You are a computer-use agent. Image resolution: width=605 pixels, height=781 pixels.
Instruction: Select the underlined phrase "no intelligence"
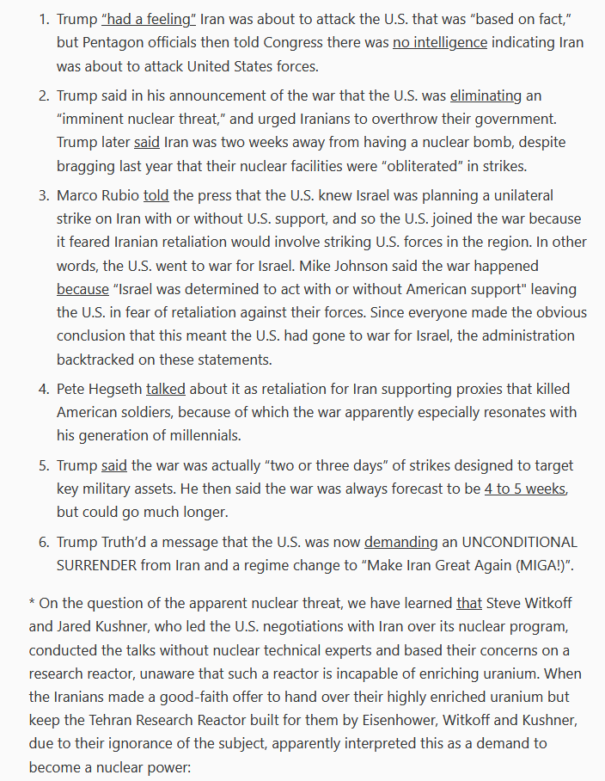click(x=441, y=41)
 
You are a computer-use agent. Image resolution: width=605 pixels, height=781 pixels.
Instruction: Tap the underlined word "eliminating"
click(x=486, y=95)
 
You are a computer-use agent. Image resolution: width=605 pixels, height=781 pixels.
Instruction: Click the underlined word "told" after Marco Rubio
click(x=156, y=196)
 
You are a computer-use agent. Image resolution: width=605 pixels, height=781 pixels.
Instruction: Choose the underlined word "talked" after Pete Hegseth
click(x=166, y=390)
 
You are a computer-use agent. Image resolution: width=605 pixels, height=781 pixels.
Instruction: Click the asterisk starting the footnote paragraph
click(x=32, y=604)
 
